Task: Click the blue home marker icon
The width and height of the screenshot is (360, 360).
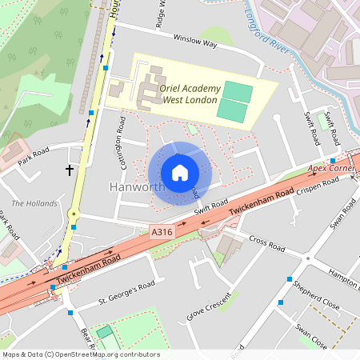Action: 180,173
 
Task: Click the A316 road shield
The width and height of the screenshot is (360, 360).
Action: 161,232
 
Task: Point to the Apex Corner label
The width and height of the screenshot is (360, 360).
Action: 330,170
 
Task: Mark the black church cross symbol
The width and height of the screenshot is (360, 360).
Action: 69,170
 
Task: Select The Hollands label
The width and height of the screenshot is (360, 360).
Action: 34,203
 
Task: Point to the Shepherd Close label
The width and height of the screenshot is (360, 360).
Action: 318,298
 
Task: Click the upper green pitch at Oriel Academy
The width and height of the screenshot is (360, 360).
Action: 236,90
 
